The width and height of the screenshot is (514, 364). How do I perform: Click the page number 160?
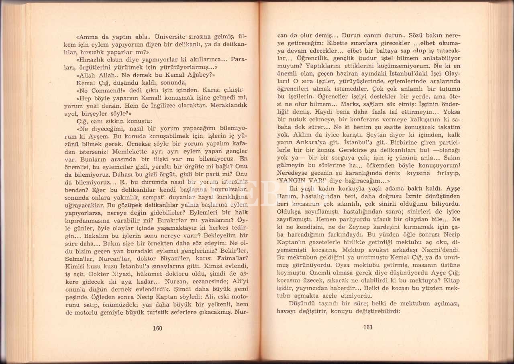point(157,328)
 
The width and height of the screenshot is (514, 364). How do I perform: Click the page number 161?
point(368,327)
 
